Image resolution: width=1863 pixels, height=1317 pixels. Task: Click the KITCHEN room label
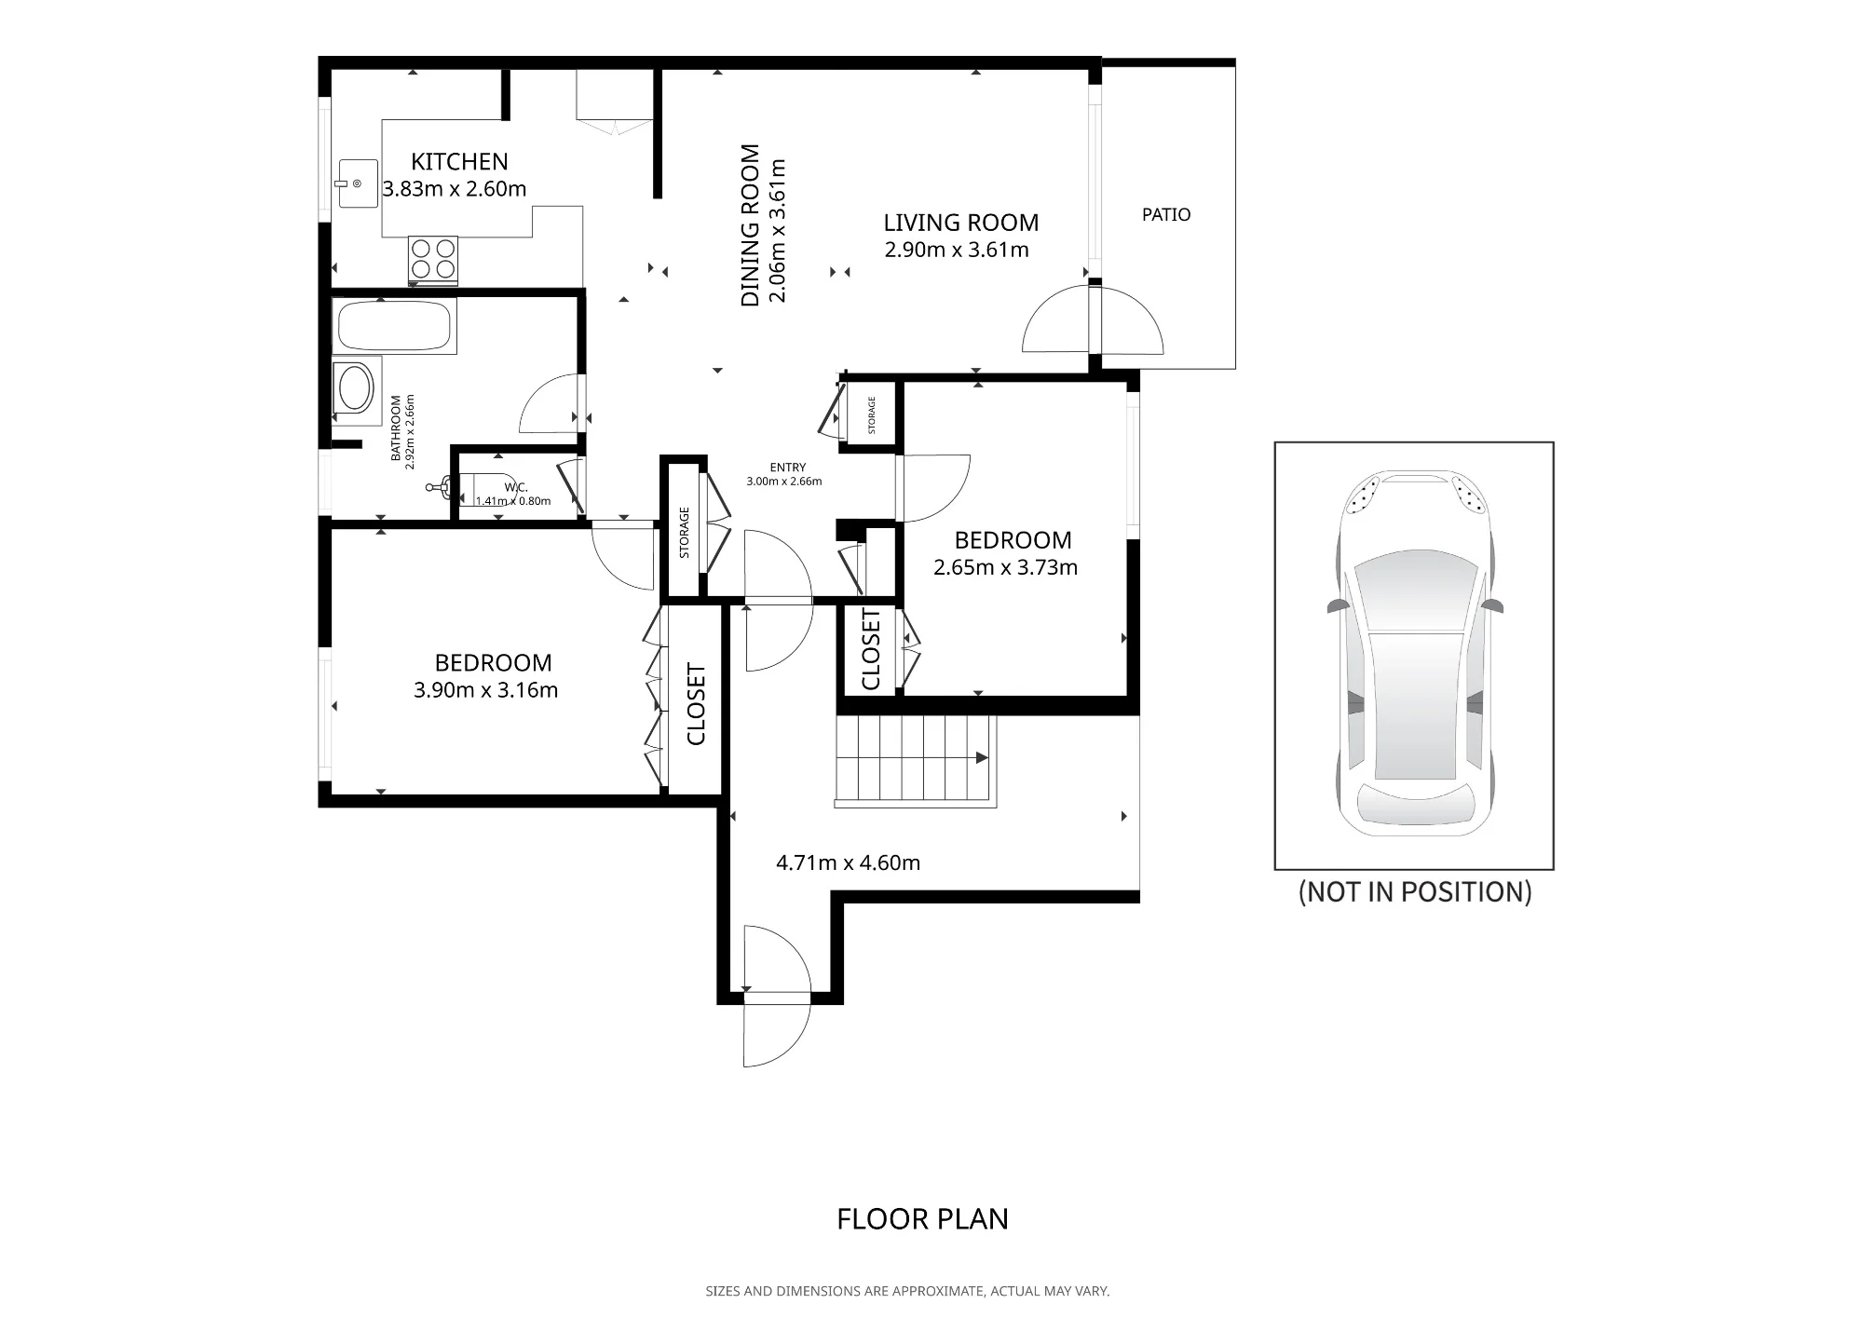[x=459, y=162]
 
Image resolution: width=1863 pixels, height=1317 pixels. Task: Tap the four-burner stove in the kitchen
[x=433, y=259]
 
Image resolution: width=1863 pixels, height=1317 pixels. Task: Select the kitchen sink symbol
[x=356, y=183]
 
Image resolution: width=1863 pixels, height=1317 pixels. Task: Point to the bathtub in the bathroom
[x=394, y=325]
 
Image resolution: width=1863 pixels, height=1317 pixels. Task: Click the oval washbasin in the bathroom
[x=355, y=389]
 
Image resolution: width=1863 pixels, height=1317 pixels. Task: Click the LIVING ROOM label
[x=960, y=223]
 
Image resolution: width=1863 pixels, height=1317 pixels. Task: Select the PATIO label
[x=1166, y=214]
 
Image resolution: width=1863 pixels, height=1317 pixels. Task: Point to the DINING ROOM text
[x=750, y=225]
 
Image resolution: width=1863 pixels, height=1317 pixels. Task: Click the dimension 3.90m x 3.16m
[x=485, y=690]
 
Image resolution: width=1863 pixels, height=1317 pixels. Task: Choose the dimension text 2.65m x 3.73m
[x=1005, y=567]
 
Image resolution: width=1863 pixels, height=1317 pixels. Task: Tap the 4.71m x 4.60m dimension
[x=848, y=862]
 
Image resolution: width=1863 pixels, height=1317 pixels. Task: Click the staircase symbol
[x=916, y=759]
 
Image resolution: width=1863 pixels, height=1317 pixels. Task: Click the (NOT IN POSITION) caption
[x=1415, y=892]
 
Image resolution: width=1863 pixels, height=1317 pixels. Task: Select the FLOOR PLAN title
[x=922, y=1219]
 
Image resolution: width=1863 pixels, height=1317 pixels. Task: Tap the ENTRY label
[x=788, y=468]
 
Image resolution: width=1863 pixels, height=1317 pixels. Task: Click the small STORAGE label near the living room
[x=872, y=414]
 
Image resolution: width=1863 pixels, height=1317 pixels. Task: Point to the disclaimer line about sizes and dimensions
[x=907, y=1291]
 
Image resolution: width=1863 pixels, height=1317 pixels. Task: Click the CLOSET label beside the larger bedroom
[x=696, y=704]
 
